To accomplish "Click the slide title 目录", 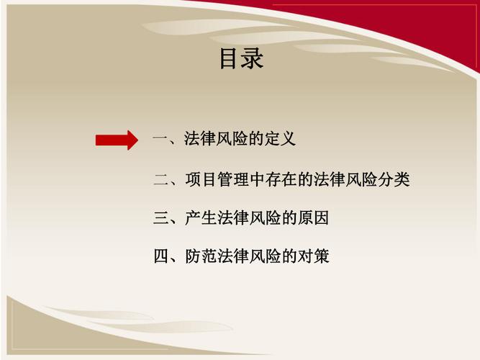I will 241,58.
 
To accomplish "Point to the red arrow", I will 116,140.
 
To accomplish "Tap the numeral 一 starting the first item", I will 160,140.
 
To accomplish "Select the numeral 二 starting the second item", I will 160,180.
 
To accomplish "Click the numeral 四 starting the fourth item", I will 160,256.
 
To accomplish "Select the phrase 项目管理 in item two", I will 216,180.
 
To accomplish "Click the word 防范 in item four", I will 200,256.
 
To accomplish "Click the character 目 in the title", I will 230,58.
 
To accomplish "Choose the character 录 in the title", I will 253,58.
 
